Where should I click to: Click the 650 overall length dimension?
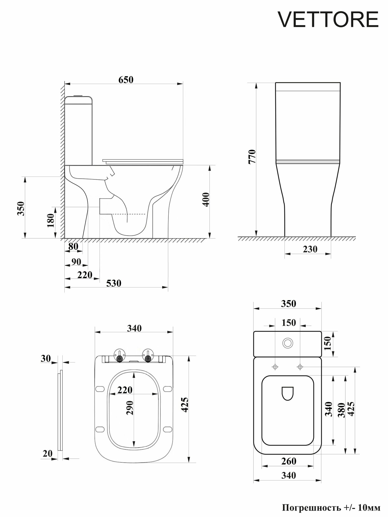126,80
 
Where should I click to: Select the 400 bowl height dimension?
206,199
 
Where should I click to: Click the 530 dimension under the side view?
114,283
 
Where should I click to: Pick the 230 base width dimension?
310,249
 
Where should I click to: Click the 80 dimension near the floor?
73,246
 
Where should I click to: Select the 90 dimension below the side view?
76,262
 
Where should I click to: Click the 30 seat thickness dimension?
46,359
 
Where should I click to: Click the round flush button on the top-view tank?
288,343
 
